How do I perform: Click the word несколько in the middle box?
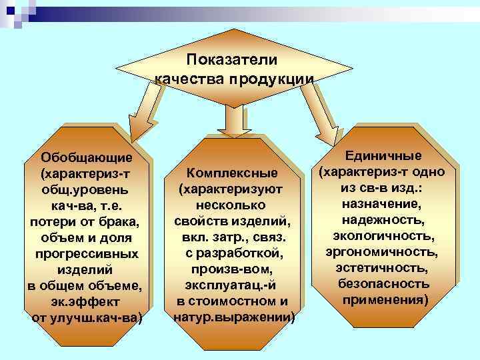coord(232,205)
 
